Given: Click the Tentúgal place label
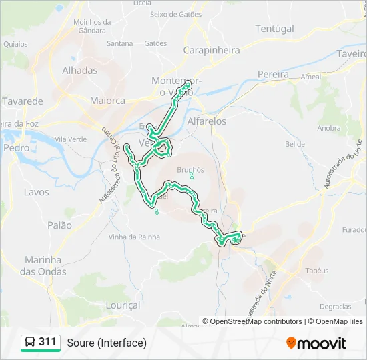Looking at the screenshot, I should pos(274,29).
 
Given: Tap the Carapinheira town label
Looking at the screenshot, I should pos(212,49).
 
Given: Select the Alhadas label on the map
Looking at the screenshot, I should pos(79,70).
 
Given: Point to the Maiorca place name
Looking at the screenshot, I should pos(107,101).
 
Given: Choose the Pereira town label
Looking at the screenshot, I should pos(273,75).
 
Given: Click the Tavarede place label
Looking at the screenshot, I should pos(22,101).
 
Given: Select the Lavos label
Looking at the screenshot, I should pos(36,192).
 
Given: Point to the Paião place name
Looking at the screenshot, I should pos(59,225).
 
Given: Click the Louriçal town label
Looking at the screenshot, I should pos(123,305).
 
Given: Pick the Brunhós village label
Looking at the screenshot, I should pos(192,170).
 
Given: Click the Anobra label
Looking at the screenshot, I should pos(329,128).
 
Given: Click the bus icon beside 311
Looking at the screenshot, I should pos(30,343).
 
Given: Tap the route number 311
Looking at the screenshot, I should pos(47,342).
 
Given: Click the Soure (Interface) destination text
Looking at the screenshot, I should pos(107,343).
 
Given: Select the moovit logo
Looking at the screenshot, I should pos(316,343).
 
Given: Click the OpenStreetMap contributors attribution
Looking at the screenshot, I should pos(256,321).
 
